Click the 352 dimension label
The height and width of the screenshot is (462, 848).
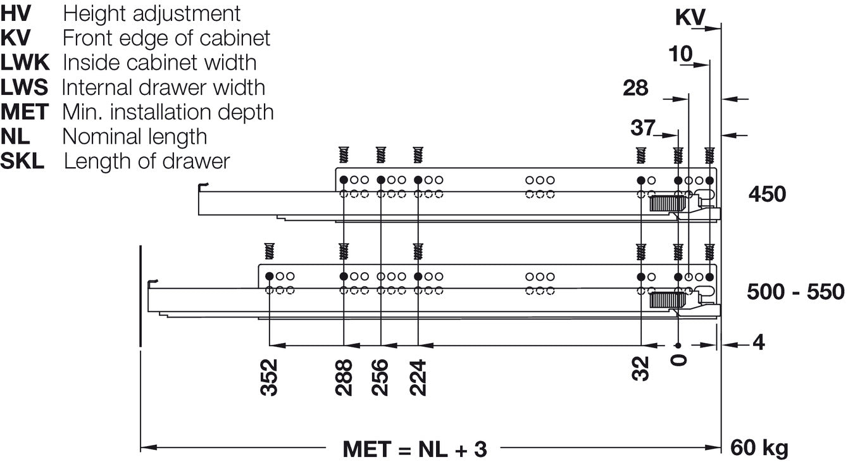pyautogui.click(x=269, y=378)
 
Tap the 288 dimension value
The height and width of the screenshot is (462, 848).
pyautogui.click(x=344, y=378)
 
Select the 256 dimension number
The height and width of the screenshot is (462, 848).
pyautogui.click(x=380, y=378)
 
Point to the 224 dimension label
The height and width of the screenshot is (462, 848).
pyautogui.click(x=418, y=378)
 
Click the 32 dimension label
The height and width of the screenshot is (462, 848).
pyautogui.click(x=640, y=368)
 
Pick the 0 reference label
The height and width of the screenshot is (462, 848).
pyautogui.click(x=678, y=360)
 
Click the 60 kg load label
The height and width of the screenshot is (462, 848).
pyautogui.click(x=759, y=448)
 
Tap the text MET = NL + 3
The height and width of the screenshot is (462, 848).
pyautogui.click(x=415, y=449)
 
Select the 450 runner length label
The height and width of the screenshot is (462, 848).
pyautogui.click(x=768, y=194)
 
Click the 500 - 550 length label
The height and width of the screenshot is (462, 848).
pyautogui.click(x=795, y=292)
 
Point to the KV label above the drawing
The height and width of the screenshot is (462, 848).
pyautogui.click(x=690, y=17)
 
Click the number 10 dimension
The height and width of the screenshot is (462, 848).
pyautogui.click(x=681, y=54)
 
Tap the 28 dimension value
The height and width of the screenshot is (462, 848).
pyautogui.click(x=635, y=88)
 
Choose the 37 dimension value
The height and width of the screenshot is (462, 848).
pyautogui.click(x=643, y=128)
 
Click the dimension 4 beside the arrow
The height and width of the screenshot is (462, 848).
pyautogui.click(x=758, y=343)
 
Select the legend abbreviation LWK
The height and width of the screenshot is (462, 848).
pyautogui.click(x=25, y=63)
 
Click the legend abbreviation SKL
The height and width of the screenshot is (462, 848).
pyautogui.click(x=22, y=161)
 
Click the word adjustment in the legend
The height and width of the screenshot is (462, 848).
pyautogui.click(x=187, y=14)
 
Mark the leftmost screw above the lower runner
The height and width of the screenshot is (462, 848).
pyautogui.click(x=269, y=251)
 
